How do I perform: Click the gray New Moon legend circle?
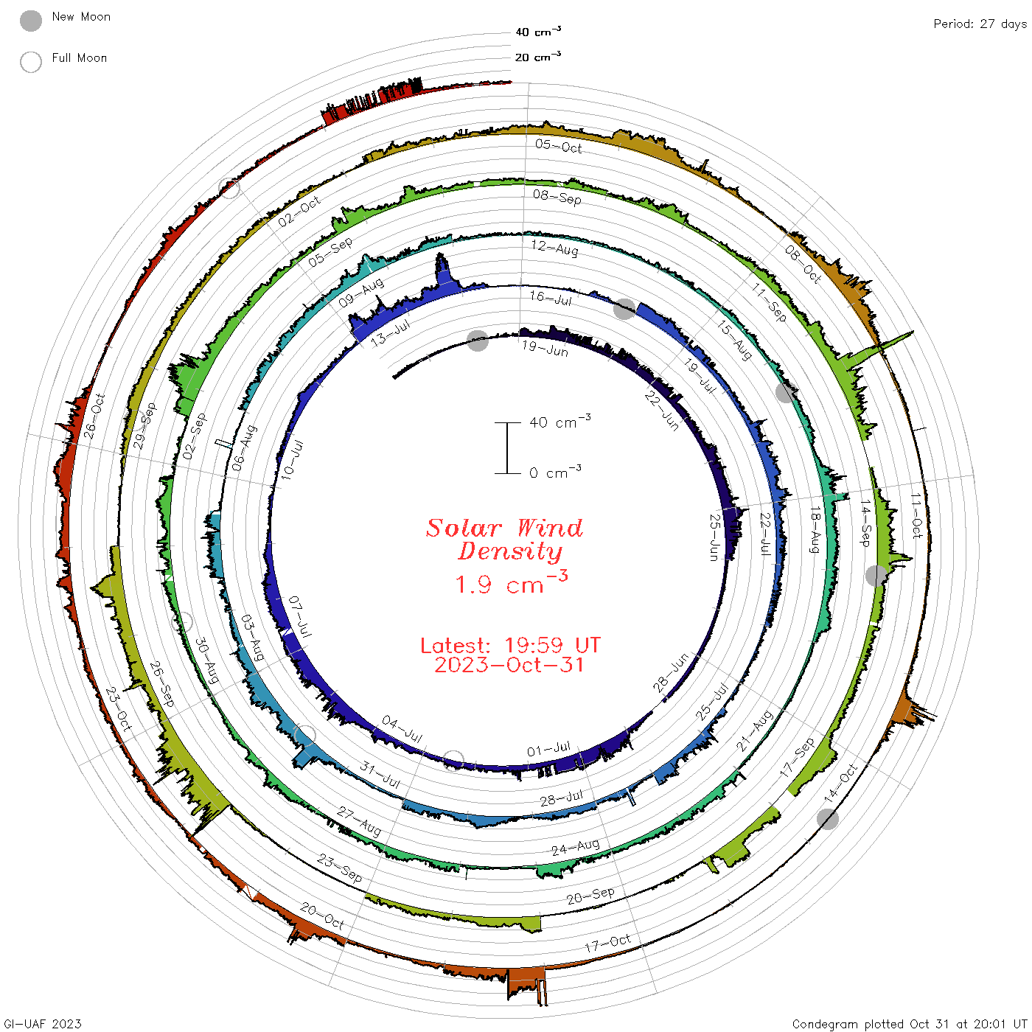click(x=30, y=21)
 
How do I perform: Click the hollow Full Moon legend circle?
click(x=30, y=62)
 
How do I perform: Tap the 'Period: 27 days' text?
click(x=980, y=24)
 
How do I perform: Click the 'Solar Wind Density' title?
click(x=504, y=540)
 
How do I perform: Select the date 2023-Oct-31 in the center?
click(x=509, y=665)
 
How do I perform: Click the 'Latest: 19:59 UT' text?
click(x=510, y=645)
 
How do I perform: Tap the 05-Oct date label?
click(x=558, y=146)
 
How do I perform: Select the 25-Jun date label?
click(x=714, y=537)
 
